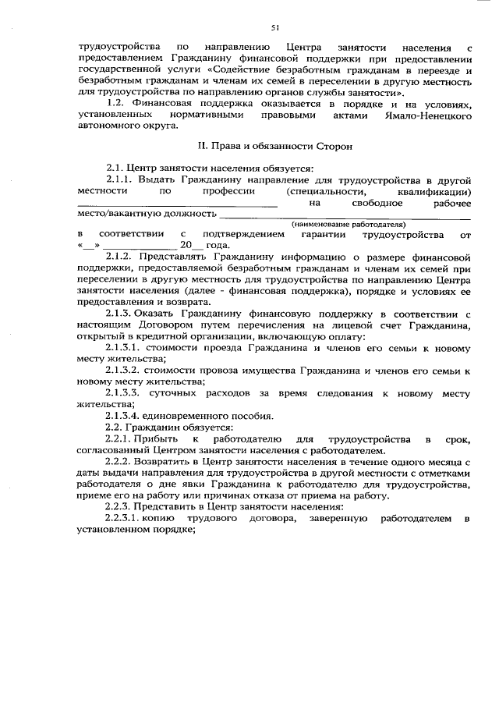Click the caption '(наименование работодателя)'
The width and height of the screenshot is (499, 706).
pyautogui.click(x=349, y=224)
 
